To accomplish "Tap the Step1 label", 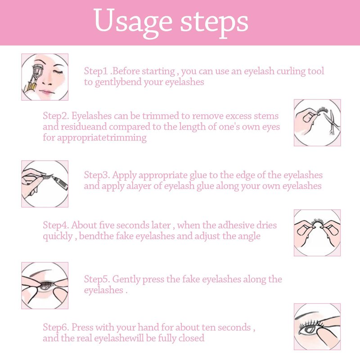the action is click(x=96, y=71).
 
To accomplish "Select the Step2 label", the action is click(x=56, y=116).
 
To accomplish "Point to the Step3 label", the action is click(x=97, y=175).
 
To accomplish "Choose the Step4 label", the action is click(x=56, y=225).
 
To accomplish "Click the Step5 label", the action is click(x=97, y=279).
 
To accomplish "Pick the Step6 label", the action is click(x=56, y=328).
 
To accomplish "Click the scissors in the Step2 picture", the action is click(x=331, y=121).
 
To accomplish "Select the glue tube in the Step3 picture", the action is click(x=60, y=183).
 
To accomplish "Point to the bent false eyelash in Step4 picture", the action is click(x=317, y=223).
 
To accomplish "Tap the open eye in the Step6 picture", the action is click(x=308, y=330).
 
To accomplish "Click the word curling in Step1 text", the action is click(x=291, y=72).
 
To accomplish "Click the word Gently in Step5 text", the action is click(x=126, y=279).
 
